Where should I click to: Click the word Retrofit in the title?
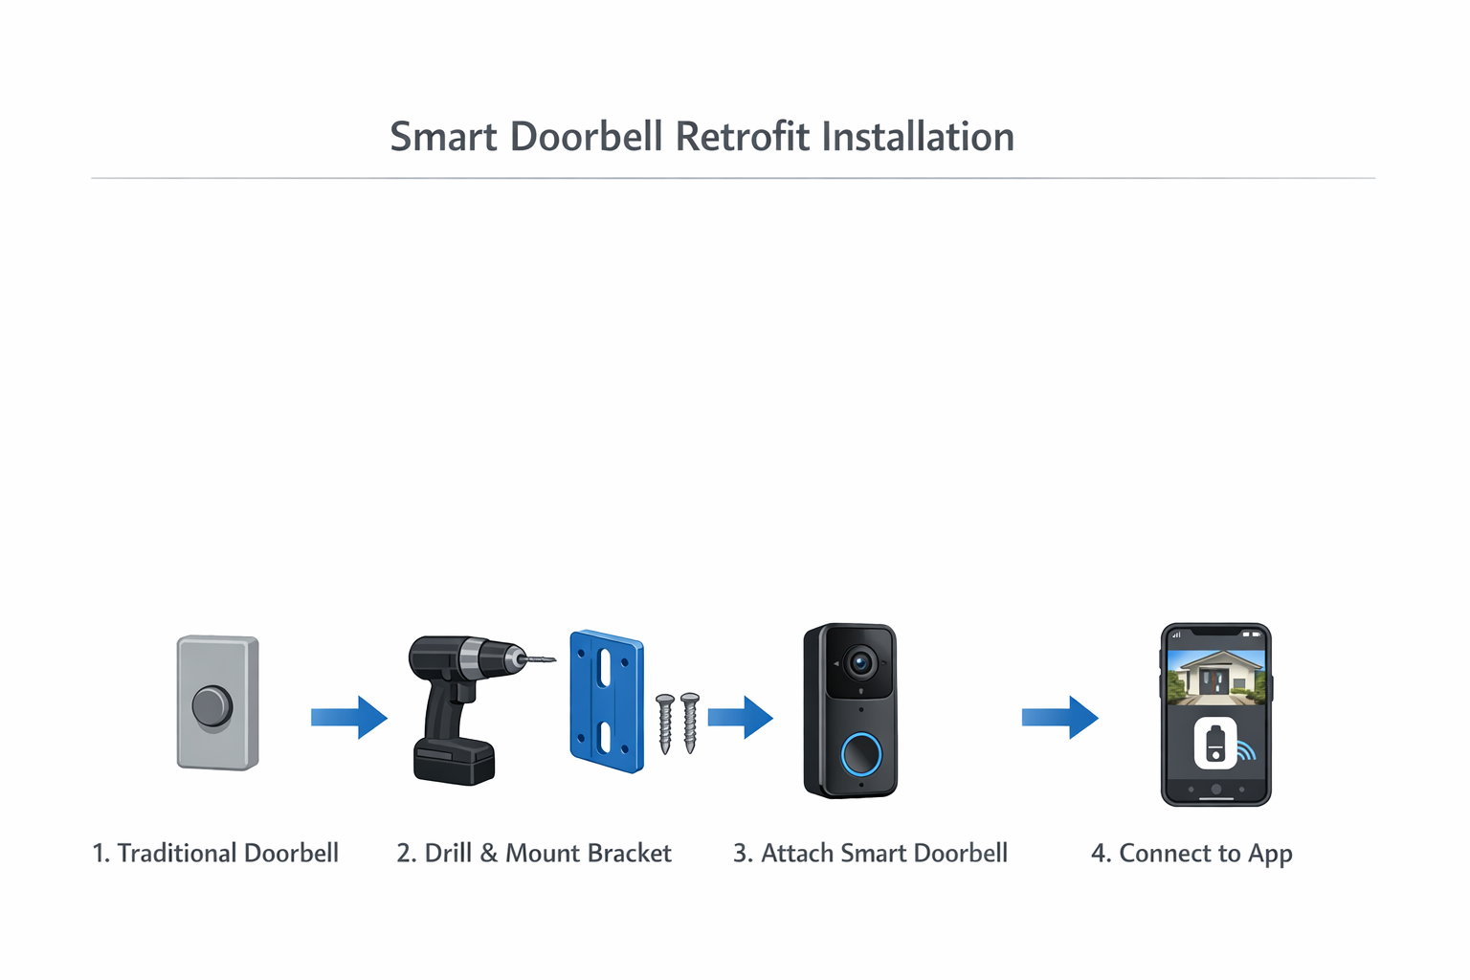(x=743, y=137)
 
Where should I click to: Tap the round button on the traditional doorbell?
(x=212, y=706)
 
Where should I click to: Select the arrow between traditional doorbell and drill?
(x=348, y=717)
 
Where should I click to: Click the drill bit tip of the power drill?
(x=551, y=659)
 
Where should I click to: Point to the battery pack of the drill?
(x=454, y=762)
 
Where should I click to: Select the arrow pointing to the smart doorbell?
(x=740, y=717)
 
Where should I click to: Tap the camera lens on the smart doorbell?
(x=860, y=662)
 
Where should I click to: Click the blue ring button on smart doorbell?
(x=860, y=754)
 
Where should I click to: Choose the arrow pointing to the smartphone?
(x=1059, y=717)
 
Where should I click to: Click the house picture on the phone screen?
(x=1215, y=676)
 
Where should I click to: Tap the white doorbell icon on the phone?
(x=1214, y=744)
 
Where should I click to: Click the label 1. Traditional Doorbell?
(x=215, y=853)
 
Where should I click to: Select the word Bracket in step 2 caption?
(x=628, y=853)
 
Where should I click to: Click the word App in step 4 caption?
(x=1270, y=854)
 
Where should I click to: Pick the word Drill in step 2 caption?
(x=448, y=853)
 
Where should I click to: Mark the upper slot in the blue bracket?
(x=605, y=668)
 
